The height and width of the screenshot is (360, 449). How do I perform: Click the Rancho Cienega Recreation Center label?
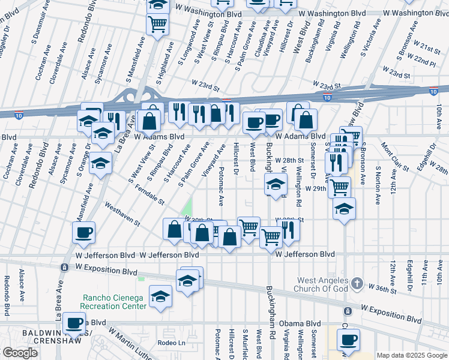click(114, 301)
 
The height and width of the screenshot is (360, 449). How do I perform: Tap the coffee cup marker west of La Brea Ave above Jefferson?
click(83, 232)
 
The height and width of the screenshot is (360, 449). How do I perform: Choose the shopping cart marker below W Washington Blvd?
click(157, 25)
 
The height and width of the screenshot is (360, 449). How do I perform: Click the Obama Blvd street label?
click(304, 323)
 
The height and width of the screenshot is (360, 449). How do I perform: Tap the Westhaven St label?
click(122, 214)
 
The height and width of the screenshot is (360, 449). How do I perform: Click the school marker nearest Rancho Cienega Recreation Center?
click(160, 297)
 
